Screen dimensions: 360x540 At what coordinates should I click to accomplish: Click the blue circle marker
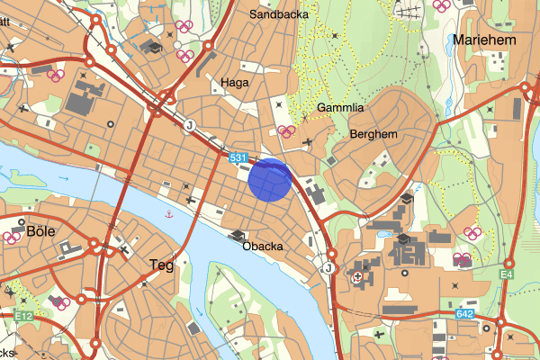pyautogui.click(x=269, y=178)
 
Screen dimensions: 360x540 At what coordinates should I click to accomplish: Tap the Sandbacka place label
pyautogui.click(x=278, y=15)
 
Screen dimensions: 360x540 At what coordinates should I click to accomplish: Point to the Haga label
pyautogui.click(x=234, y=82)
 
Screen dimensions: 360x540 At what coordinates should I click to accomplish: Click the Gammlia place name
pyautogui.click(x=340, y=108)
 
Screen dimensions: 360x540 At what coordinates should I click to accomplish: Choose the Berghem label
pyautogui.click(x=373, y=134)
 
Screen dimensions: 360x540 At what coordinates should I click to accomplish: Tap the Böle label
pyautogui.click(x=40, y=231)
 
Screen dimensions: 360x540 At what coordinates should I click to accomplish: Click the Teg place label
pyautogui.click(x=159, y=265)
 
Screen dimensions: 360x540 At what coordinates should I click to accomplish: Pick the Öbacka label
pyautogui.click(x=263, y=247)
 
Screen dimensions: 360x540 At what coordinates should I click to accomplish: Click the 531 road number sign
pyautogui.click(x=238, y=158)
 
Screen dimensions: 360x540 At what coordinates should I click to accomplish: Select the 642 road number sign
pyautogui.click(x=464, y=313)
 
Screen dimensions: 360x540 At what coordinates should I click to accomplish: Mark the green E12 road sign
pyautogui.click(x=23, y=316)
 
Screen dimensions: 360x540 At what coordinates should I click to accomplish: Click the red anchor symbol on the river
pyautogui.click(x=168, y=214)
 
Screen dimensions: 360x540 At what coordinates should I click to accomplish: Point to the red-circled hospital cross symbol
pyautogui.click(x=359, y=276)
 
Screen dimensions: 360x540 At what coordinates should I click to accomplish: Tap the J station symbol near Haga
pyautogui.click(x=190, y=125)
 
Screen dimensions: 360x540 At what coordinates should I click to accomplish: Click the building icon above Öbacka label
pyautogui.click(x=238, y=236)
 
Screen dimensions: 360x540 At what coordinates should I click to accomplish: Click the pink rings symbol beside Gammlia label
pyautogui.click(x=288, y=131)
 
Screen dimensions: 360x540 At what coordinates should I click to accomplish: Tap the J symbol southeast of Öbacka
pyautogui.click(x=328, y=267)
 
